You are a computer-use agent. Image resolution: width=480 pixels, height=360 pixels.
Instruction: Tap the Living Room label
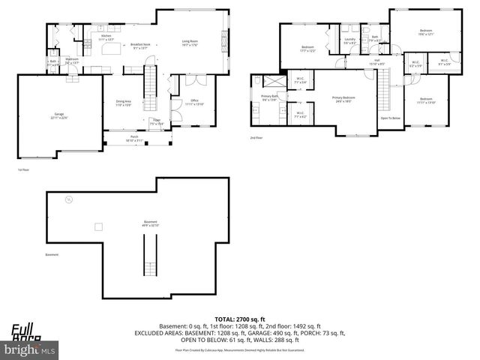tap(190, 43)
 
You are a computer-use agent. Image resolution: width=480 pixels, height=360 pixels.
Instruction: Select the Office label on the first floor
tap(193, 101)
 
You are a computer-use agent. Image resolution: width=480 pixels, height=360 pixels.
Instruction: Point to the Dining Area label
tap(123, 103)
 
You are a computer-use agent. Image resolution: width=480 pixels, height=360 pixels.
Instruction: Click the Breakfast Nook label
tap(141, 45)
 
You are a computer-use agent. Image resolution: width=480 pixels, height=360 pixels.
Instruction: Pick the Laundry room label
tap(349, 40)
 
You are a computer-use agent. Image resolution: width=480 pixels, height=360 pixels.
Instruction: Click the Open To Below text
tap(389, 118)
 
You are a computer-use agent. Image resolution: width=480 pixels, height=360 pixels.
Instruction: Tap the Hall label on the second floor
tap(376, 61)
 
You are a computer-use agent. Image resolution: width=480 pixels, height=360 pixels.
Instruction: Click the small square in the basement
tap(98, 226)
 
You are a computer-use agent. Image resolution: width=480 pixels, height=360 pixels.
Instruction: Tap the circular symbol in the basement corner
tap(68, 199)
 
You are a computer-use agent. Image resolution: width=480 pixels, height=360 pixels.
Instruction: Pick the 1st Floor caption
tap(23, 170)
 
